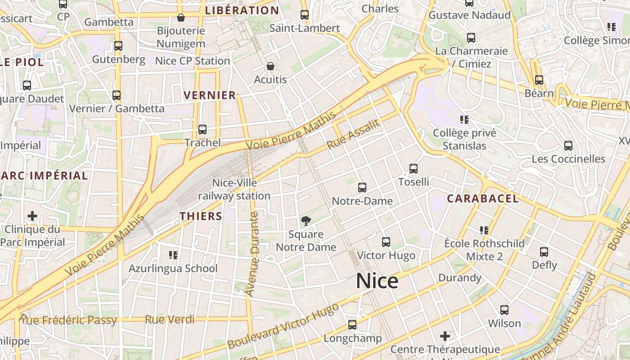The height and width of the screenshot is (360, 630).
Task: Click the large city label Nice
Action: [377, 281]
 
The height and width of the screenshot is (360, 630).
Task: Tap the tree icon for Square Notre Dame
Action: [306, 221]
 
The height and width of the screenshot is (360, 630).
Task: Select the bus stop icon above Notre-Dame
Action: [362, 188]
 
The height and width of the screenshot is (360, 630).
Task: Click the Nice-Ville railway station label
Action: [234, 189]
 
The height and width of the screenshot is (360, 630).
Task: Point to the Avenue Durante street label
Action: [253, 254]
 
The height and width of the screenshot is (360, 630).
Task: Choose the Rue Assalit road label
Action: [353, 135]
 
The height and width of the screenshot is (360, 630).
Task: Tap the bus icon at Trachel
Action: [202, 130]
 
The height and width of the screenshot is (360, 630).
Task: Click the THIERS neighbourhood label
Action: [201, 216]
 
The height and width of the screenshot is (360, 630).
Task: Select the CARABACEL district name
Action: [483, 198]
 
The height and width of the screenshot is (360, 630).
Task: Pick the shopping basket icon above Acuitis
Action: [270, 67]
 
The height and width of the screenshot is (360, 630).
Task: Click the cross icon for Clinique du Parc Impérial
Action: [32, 216]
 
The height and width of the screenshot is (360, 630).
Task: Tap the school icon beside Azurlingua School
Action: [173, 255]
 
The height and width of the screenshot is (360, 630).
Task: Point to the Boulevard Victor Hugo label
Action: [283, 326]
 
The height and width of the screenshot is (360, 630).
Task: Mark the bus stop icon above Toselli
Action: [414, 169]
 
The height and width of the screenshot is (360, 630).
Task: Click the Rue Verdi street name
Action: [170, 320]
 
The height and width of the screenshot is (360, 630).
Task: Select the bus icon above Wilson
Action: [504, 310]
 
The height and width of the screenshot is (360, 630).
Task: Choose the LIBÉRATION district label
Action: [242, 10]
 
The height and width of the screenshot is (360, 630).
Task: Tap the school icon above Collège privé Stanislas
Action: [464, 120]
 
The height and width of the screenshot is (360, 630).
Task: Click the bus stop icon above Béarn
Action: [539, 80]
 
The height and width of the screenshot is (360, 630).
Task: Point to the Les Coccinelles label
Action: [568, 159]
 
